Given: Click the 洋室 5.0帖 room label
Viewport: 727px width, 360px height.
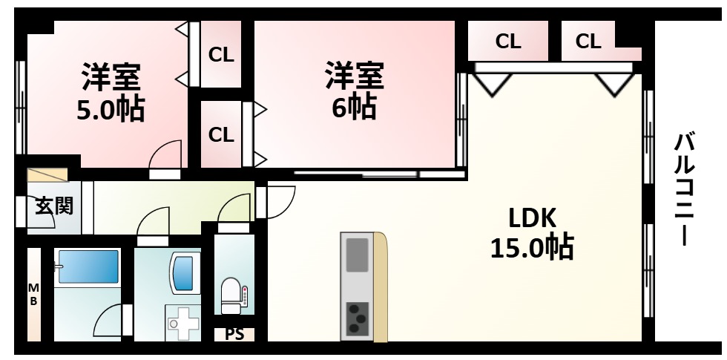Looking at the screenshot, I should click(111, 94).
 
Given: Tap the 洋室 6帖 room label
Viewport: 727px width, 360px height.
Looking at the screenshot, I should click(353, 92).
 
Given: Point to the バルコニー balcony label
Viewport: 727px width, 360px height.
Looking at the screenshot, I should click(684, 189).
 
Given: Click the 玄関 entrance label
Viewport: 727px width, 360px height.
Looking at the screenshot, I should click(53, 206).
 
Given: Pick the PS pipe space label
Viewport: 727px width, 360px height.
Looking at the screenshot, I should click(234, 334).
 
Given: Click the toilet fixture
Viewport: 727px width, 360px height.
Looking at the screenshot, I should click(231, 295).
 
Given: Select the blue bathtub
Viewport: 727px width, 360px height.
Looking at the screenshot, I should click(88, 267).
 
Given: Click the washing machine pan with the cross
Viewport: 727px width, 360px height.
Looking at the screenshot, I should click(182, 323).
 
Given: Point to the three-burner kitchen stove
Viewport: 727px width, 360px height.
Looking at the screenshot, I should click(358, 317).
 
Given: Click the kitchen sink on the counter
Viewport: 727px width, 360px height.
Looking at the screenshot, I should click(358, 254).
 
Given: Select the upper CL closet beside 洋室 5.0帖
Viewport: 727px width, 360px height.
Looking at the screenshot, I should click(220, 54).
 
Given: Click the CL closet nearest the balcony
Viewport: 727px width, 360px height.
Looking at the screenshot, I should click(588, 42).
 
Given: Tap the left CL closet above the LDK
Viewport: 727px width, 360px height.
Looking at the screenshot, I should click(508, 42).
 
